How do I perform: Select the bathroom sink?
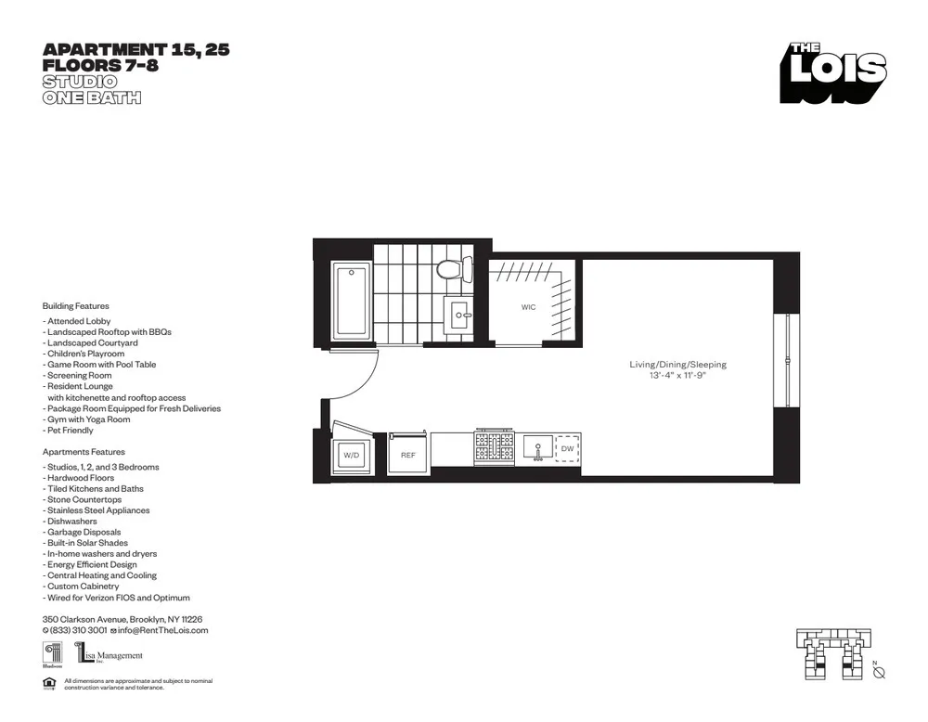(459, 316)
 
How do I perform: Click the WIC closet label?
(528, 306)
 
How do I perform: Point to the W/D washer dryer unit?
(352, 455)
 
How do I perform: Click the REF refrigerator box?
(408, 455)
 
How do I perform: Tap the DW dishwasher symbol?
(567, 449)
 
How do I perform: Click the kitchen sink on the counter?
(537, 448)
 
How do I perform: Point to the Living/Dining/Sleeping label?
(677, 365)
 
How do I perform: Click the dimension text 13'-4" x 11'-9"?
(677, 376)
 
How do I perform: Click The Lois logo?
(832, 72)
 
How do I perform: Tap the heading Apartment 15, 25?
(136, 50)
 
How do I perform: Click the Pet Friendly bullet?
(69, 431)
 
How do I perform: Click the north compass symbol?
(878, 672)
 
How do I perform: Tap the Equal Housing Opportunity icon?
(48, 684)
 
